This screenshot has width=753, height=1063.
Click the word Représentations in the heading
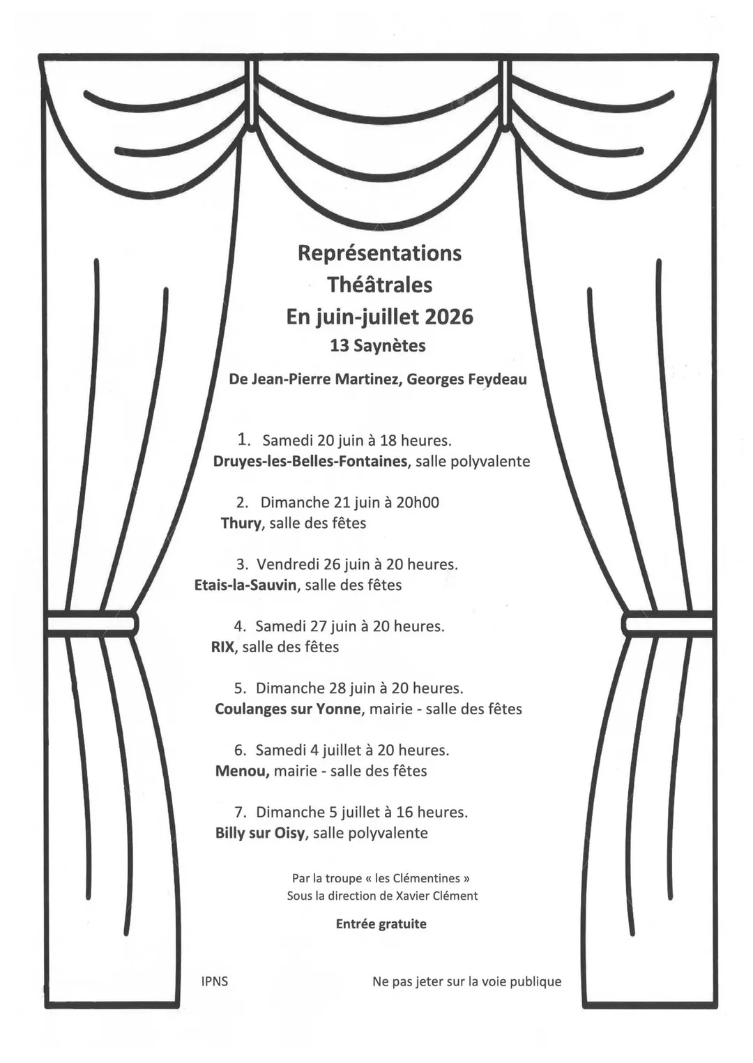pyautogui.click(x=379, y=253)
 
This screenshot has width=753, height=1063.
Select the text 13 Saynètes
pyautogui.click(x=378, y=346)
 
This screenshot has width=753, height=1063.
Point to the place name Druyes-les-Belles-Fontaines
pyautogui.click(x=310, y=461)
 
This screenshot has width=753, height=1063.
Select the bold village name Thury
pyautogui.click(x=241, y=523)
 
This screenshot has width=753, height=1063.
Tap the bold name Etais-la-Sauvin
pyautogui.click(x=245, y=585)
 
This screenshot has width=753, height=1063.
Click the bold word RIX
pyautogui.click(x=222, y=647)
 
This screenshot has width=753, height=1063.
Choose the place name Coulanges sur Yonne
pyautogui.click(x=287, y=709)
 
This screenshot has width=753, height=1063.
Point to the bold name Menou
pyautogui.click(x=242, y=771)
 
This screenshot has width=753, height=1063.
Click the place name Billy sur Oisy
pyautogui.click(x=259, y=834)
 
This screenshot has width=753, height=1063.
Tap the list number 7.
pyautogui.click(x=240, y=813)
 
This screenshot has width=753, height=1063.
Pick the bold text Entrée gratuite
pyautogui.click(x=381, y=924)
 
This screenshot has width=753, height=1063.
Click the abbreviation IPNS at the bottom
pyautogui.click(x=215, y=981)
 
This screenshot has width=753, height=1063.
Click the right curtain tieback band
pyautogui.click(x=668, y=621)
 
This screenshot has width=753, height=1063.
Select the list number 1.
pyautogui.click(x=243, y=440)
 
